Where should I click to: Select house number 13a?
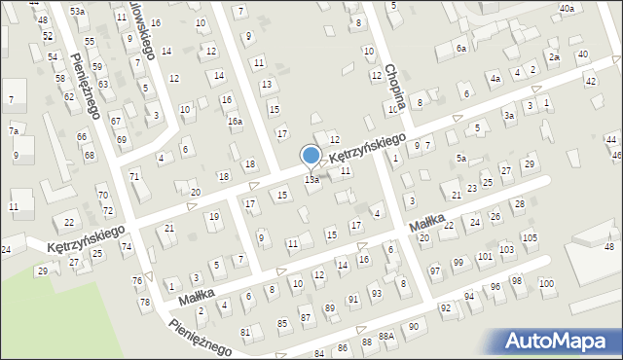[311, 180]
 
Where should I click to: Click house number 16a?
[235, 121]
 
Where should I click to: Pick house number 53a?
[78, 11]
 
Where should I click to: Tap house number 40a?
[567, 8]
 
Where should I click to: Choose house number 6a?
[461, 48]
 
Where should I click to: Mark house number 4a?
[495, 78]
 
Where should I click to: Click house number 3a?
[508, 116]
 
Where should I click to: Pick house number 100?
[546, 283]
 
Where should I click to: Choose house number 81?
[245, 333]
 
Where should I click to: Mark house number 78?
[145, 303]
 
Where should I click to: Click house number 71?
[134, 175]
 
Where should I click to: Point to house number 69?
[122, 139]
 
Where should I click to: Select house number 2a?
[554, 57]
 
